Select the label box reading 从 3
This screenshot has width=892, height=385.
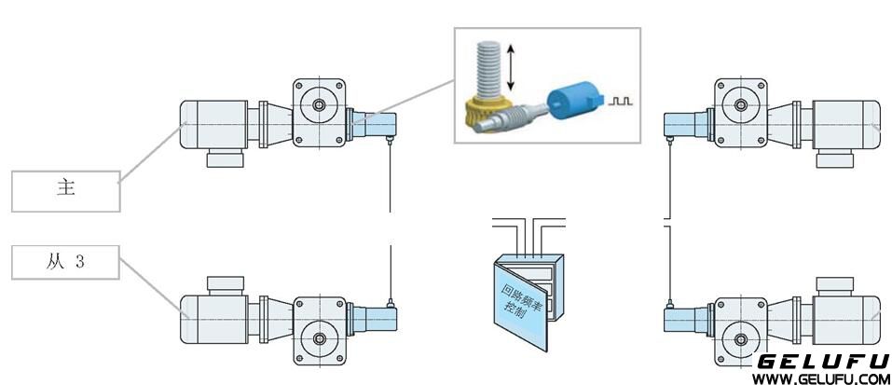pyautogui.click(x=65, y=263)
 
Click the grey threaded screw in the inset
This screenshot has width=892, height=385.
pyautogui.click(x=490, y=66)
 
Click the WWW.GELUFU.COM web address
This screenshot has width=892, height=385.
pyautogui.click(x=820, y=378)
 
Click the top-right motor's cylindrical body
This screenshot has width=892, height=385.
pyautogui.click(x=846, y=122)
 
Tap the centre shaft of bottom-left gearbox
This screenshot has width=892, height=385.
pyautogui.click(x=320, y=336)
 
